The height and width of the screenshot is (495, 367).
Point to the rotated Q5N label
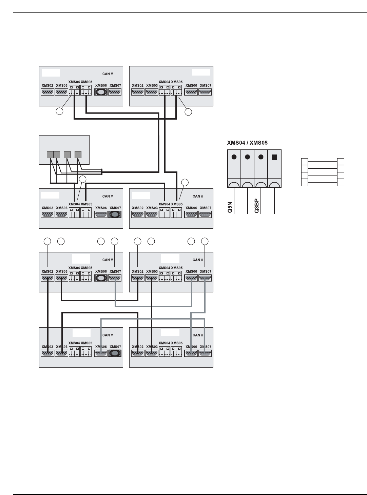(x=230, y=206)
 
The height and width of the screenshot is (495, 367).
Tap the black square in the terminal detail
(x=274, y=157)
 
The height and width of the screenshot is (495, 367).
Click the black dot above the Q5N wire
(x=234, y=157)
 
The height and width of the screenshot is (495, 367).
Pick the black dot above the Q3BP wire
(x=261, y=157)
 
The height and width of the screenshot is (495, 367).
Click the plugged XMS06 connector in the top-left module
(x=101, y=92)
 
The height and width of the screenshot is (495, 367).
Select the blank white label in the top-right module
(x=201, y=72)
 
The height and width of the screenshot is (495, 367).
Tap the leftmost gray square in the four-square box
(x=50, y=154)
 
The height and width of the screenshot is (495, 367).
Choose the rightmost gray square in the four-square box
(x=78, y=154)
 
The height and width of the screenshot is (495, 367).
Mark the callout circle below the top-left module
(x=59, y=111)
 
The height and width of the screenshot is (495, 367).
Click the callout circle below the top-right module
(x=188, y=111)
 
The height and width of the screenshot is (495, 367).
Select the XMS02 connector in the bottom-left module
(x=47, y=353)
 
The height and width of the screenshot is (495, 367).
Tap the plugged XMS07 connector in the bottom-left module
(x=115, y=353)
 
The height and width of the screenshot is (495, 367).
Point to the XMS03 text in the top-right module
(x=152, y=85)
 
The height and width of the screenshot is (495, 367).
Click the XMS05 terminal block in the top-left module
(x=86, y=90)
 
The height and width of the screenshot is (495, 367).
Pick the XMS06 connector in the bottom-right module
(x=191, y=353)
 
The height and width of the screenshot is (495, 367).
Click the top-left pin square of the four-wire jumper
(x=305, y=161)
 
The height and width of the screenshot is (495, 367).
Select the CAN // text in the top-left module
(x=108, y=74)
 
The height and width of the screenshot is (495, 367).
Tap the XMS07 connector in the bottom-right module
(x=205, y=353)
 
